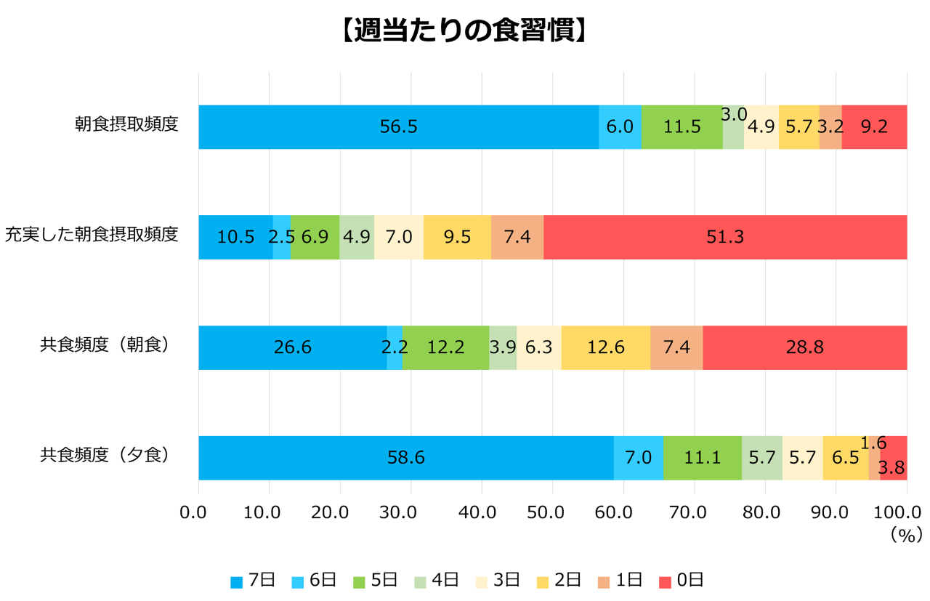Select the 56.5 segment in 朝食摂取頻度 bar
398,127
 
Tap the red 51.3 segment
725,237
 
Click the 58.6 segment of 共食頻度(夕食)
405,458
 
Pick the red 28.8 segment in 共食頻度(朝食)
804,347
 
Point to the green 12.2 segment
445,347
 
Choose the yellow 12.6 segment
605,347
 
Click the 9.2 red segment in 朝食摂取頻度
874,127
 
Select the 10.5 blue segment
235,237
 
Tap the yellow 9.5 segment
457,237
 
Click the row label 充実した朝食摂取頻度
92,235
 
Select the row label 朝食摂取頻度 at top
126,124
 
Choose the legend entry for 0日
681,580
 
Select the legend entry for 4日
436,580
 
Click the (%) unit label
905,536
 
